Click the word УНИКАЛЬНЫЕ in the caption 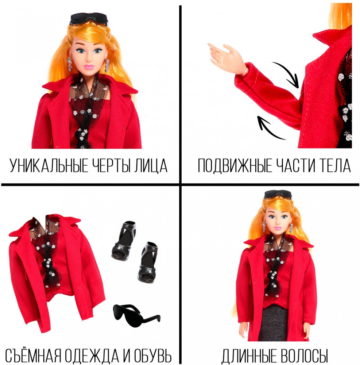point(49,165)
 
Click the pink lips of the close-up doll point(89,67)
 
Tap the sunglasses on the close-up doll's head point(89,19)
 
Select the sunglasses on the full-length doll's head point(278,194)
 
